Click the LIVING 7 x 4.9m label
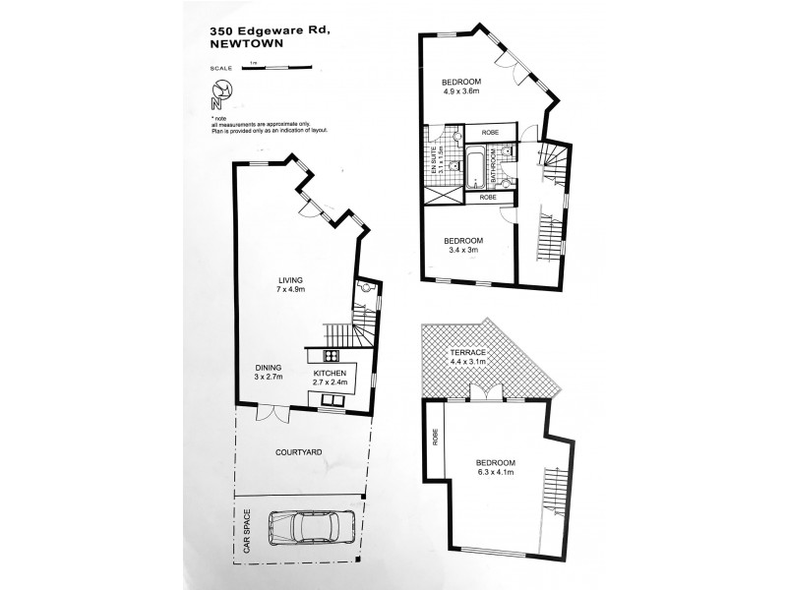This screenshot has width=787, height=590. point(292,285)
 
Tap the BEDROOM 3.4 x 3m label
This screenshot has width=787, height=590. point(461,246)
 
